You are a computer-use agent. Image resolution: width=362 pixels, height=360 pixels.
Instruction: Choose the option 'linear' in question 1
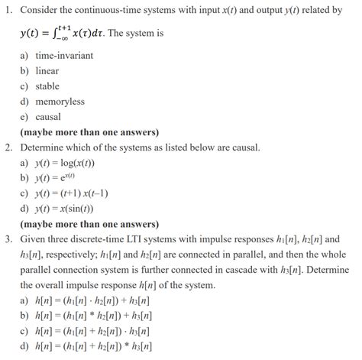click(x=47, y=71)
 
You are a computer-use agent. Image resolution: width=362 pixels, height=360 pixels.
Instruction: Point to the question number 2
click(x=8, y=147)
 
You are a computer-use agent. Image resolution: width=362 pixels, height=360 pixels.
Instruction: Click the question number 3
click(x=8, y=238)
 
